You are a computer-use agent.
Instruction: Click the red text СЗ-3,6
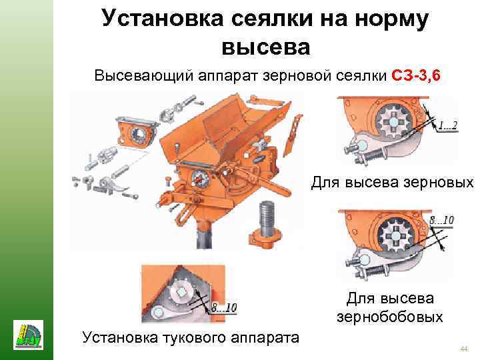pyautogui.click(x=416, y=75)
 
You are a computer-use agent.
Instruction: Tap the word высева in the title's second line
pyautogui.click(x=266, y=48)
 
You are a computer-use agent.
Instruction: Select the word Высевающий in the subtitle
pyautogui.click(x=143, y=75)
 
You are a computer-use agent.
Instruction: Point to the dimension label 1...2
pyautogui.click(x=447, y=125)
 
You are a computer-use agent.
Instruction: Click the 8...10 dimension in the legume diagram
pyautogui.click(x=441, y=220)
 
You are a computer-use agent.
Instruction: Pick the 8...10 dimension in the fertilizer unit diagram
pyautogui.click(x=225, y=307)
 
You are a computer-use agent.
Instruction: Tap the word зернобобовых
pyautogui.click(x=390, y=317)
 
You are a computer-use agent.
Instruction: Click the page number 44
pyautogui.click(x=464, y=349)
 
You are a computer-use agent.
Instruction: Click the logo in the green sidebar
pyautogui.click(x=28, y=335)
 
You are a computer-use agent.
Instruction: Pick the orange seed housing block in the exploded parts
pyautogui.click(x=137, y=134)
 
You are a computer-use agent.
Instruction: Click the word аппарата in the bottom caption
pyautogui.click(x=265, y=338)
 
